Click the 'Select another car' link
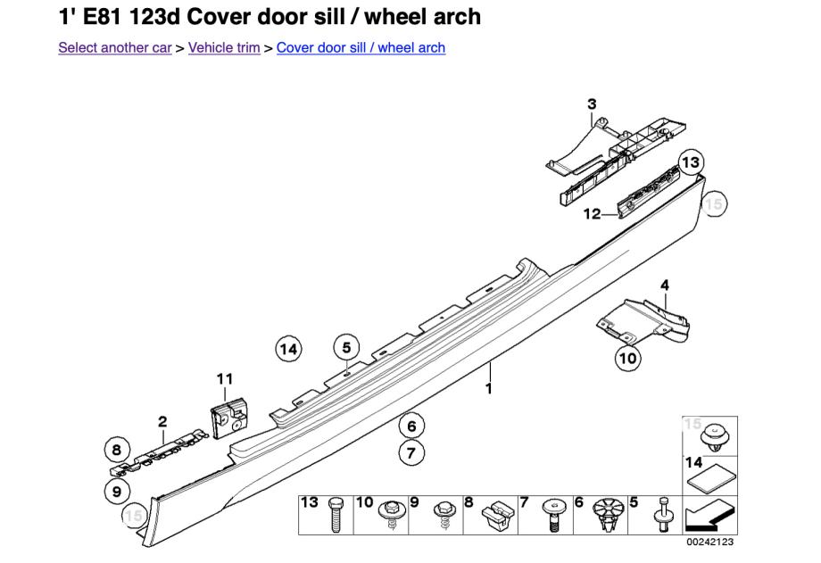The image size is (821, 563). coord(114,47)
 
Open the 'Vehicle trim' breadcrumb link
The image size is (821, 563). coord(224,47)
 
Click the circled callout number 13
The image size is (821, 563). coord(690,163)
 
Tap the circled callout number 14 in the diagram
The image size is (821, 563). coord(288,349)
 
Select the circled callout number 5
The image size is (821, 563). coord(346,346)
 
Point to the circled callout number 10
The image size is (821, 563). coord(627,358)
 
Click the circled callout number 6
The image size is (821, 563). coord(410,426)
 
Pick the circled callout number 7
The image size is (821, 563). coord(410,453)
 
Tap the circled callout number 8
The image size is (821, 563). coord(116,450)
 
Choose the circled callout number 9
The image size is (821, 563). coord(116,490)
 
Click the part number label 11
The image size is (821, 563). coord(224,379)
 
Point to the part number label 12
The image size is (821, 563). coord(593,214)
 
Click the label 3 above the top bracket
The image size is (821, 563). coord(592,105)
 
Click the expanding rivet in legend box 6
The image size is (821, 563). coord(606,516)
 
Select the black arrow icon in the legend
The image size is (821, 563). coord(709,515)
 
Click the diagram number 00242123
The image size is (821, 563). coord(709,542)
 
